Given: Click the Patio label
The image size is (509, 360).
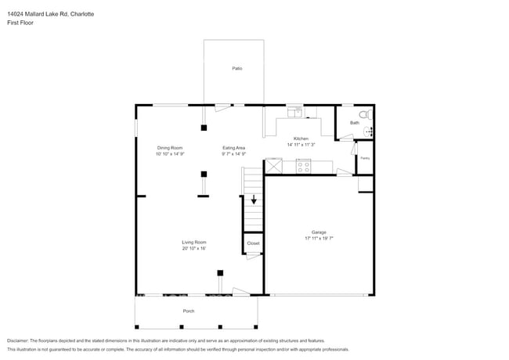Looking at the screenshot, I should (x=236, y=69).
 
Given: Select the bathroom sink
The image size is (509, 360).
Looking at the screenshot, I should (x=370, y=131).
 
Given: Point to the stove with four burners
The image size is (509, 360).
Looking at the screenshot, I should (x=303, y=165).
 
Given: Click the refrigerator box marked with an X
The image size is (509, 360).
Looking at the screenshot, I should (x=274, y=166).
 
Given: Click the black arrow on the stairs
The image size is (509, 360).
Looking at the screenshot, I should (x=253, y=200).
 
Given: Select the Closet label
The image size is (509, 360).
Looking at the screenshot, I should (x=253, y=243).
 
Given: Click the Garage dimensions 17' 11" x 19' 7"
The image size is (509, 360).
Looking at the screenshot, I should (x=319, y=238).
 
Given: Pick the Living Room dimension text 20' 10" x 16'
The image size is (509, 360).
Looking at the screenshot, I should (x=193, y=248).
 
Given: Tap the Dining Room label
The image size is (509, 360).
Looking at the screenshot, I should (x=170, y=148).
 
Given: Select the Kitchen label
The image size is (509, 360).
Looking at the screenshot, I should (x=301, y=139).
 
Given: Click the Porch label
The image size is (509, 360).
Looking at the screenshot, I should (x=189, y=311).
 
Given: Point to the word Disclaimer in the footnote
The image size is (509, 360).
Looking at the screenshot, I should (x=17, y=341).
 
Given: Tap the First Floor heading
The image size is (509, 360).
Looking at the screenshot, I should (x=20, y=23).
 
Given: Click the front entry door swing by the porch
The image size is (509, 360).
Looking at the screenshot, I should (x=240, y=292).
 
